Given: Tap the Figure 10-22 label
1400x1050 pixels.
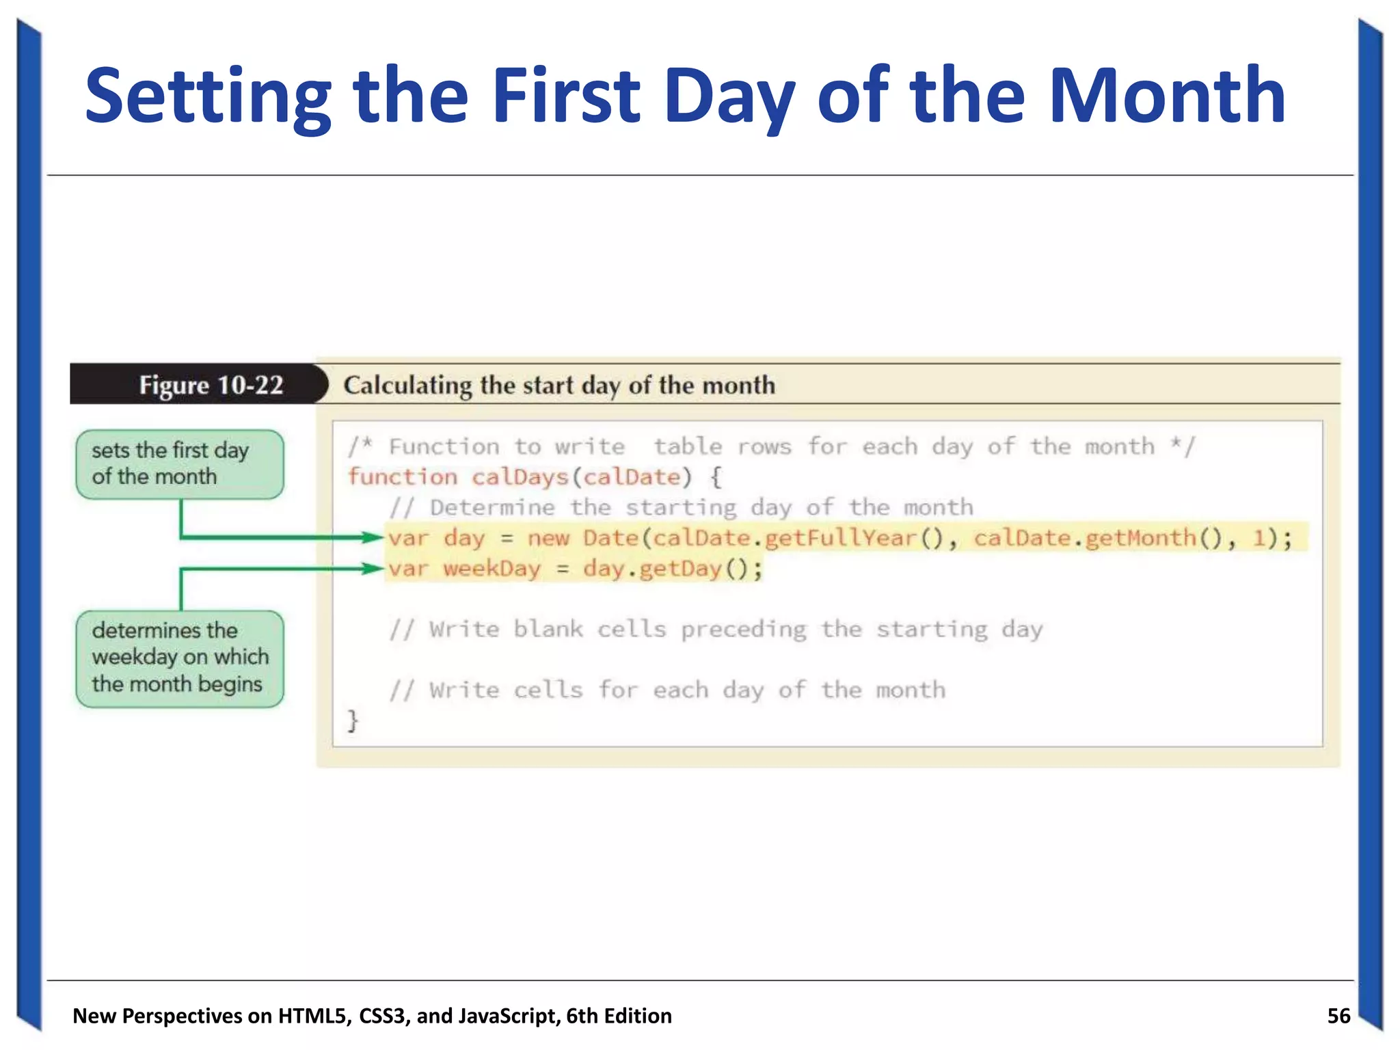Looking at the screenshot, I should click(x=211, y=386).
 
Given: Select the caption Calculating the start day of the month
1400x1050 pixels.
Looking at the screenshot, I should click(x=558, y=386).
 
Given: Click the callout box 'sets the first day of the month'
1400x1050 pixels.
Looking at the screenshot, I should click(x=179, y=464).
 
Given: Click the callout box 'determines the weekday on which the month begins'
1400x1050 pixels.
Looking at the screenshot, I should click(x=179, y=658).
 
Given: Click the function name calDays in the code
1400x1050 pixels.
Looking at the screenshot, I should click(x=520, y=477).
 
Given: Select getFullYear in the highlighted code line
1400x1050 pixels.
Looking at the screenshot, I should click(x=840, y=539).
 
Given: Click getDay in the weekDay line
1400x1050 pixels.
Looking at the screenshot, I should click(x=679, y=569).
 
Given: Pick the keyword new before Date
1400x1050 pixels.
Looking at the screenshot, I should click(x=548, y=539).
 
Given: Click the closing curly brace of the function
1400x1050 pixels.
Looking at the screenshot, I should click(x=353, y=721).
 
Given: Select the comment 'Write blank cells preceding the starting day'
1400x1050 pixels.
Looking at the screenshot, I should click(x=715, y=630).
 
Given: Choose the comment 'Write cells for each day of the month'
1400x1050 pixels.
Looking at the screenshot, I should click(x=667, y=690).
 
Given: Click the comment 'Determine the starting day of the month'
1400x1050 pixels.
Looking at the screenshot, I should click(x=681, y=508).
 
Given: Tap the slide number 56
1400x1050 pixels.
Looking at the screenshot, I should click(x=1338, y=1016).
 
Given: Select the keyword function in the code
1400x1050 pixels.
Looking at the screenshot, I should click(x=403, y=477).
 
